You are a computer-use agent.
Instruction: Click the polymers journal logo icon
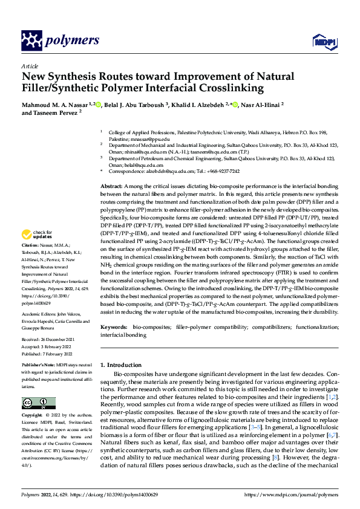[x=31, y=41]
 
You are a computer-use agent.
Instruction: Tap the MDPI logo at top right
[x=321, y=41]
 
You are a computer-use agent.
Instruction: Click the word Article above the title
[x=29, y=66]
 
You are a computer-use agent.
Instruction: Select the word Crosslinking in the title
[x=232, y=88]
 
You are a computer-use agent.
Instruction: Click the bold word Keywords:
[x=114, y=326]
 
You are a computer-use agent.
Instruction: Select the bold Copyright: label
[x=34, y=416]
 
